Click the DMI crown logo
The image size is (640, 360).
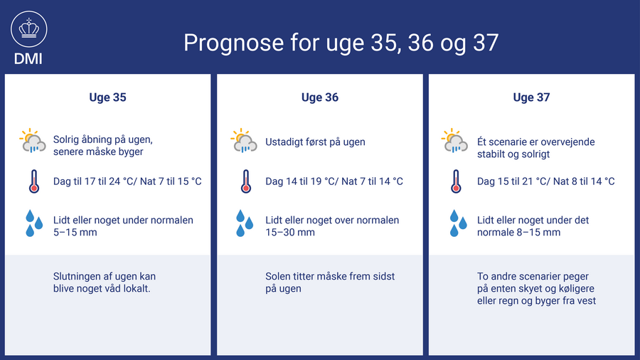tap(29, 29)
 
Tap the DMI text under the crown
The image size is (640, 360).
tap(28, 59)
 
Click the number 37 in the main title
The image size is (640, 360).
tap(486, 43)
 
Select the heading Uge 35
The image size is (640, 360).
tap(108, 97)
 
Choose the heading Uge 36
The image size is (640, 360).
tap(320, 97)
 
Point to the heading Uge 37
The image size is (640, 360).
tap(531, 97)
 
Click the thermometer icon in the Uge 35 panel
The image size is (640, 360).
tap(34, 181)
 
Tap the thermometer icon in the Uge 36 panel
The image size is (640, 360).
tap(246, 181)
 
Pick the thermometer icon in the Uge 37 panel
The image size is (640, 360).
tap(456, 181)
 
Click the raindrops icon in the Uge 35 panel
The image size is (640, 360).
tap(34, 223)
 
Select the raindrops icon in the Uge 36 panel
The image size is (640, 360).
tap(245, 223)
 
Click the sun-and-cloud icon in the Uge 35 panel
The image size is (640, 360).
tap(33, 141)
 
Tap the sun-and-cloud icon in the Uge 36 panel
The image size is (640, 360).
tap(244, 141)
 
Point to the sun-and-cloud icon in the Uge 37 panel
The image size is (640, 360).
tap(454, 141)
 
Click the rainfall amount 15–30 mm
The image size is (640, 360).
tap(290, 232)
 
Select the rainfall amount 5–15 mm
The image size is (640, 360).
tap(75, 232)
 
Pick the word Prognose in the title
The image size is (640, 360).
tap(233, 43)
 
